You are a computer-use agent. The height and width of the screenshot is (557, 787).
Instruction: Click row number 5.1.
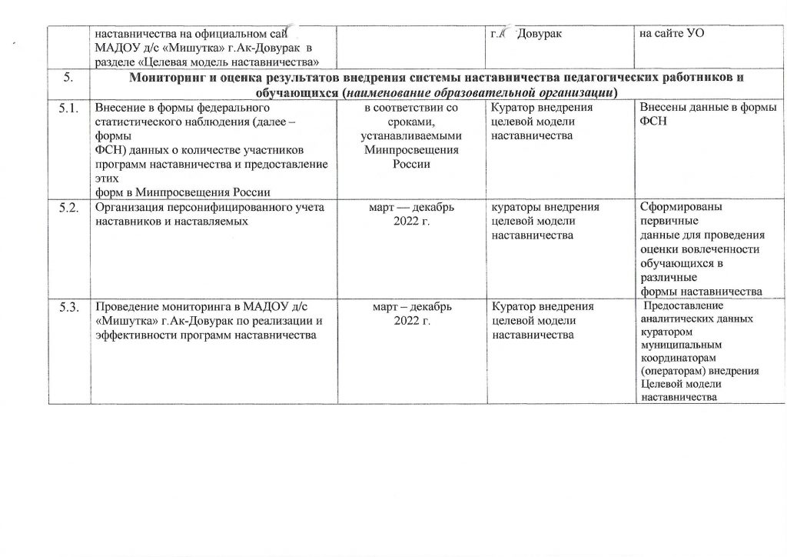[70, 110]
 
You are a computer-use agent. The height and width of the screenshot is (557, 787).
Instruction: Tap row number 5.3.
[70, 309]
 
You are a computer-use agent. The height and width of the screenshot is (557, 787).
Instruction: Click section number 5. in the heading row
[69, 78]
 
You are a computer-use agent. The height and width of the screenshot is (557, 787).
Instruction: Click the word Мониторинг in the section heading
[167, 78]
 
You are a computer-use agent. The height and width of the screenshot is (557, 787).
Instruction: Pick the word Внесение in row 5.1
[118, 110]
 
